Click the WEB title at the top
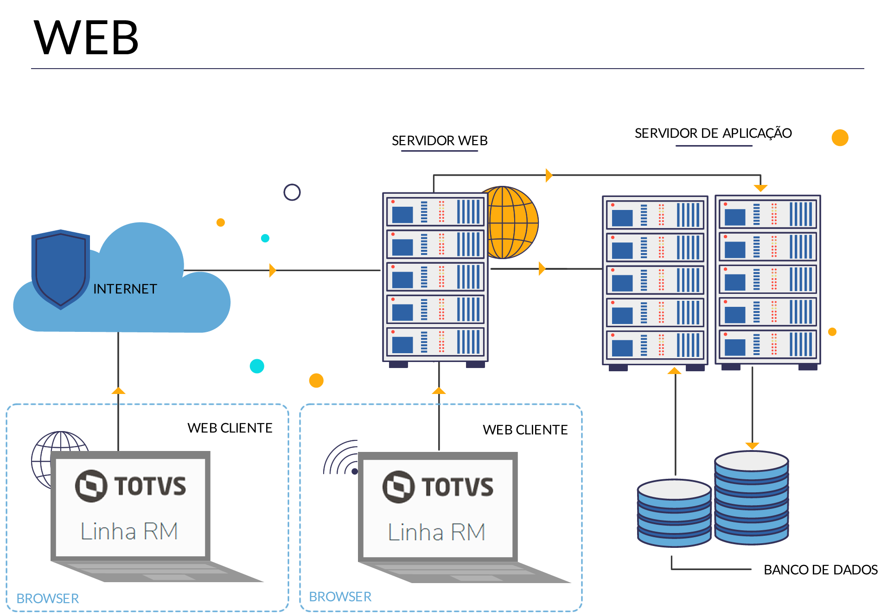[x=86, y=38]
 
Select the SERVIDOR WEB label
[x=440, y=140]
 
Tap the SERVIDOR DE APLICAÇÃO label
[x=713, y=133]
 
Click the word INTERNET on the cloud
[x=125, y=289]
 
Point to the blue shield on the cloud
[x=60, y=269]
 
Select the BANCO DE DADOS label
[x=820, y=570]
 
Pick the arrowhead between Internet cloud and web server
[x=273, y=270]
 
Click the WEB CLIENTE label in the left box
[x=230, y=428]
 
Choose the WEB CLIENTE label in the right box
[x=525, y=430]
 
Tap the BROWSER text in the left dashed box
[x=48, y=598]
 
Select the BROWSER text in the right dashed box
[x=340, y=597]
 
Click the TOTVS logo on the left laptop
[x=130, y=486]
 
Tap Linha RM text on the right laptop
[x=436, y=532]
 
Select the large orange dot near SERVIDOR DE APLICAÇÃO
[x=840, y=138]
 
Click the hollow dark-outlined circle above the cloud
[x=292, y=192]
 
